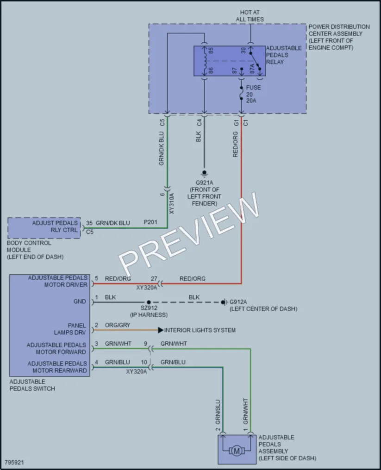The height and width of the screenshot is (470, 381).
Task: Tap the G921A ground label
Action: click(x=205, y=182)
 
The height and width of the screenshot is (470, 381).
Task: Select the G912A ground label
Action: click(x=238, y=302)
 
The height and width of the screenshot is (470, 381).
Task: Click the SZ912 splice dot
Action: click(x=149, y=303)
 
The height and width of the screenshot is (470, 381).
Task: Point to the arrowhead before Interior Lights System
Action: click(x=161, y=330)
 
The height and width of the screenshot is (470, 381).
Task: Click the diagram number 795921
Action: click(x=14, y=462)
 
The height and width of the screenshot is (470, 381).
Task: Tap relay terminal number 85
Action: click(x=211, y=51)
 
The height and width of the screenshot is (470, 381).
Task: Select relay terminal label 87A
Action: click(x=252, y=69)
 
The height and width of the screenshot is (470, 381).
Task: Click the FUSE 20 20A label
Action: click(x=253, y=94)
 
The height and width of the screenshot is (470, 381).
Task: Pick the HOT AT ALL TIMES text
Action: click(x=250, y=16)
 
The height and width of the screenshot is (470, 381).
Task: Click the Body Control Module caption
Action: click(x=35, y=250)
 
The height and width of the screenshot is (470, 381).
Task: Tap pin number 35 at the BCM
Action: click(x=89, y=223)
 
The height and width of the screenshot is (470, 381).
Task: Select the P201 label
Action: click(x=150, y=222)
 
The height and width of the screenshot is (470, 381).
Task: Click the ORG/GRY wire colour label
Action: click(x=118, y=325)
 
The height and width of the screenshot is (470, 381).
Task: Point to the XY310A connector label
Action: click(x=171, y=204)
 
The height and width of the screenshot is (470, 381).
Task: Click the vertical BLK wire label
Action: click(x=199, y=137)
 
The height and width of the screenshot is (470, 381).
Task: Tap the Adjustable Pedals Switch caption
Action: click(x=32, y=385)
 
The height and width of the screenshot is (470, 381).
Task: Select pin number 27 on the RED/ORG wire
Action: click(x=154, y=279)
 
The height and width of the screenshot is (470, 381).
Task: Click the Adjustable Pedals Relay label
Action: click(x=284, y=55)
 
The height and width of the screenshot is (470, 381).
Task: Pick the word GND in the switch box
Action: click(x=80, y=302)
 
